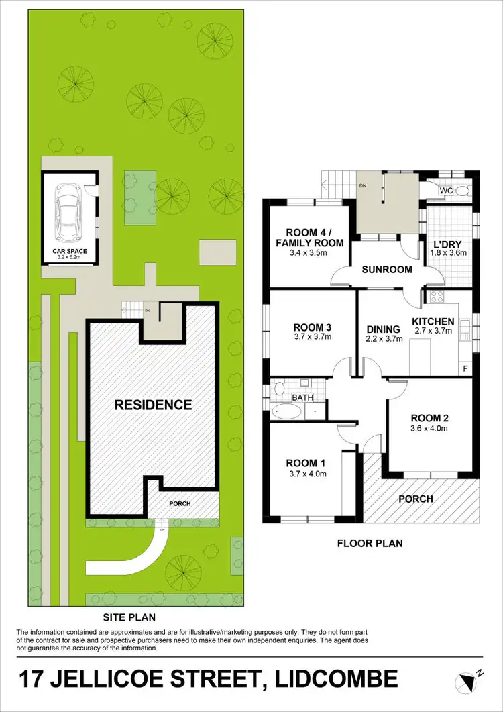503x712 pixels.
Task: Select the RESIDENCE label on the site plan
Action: tap(153, 405)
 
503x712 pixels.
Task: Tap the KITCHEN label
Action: tap(433, 322)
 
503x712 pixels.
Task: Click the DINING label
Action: tap(384, 329)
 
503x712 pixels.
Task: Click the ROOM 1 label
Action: tap(306, 463)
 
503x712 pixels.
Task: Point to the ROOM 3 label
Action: tap(313, 327)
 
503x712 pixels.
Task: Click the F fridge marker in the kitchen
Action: tap(465, 368)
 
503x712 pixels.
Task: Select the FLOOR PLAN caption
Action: tap(370, 543)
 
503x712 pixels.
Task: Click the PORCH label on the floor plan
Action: tap(416, 499)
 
